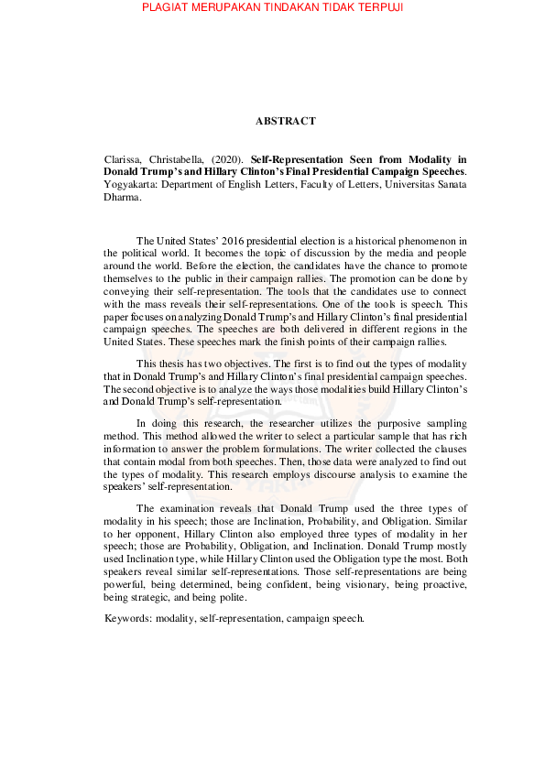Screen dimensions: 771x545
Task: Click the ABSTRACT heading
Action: coord(286,121)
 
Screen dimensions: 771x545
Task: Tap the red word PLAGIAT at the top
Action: coord(171,8)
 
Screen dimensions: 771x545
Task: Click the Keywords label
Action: coord(128,618)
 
